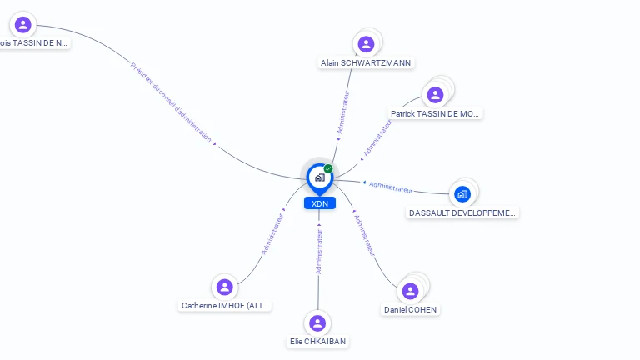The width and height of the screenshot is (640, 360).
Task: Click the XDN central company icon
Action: (319, 177)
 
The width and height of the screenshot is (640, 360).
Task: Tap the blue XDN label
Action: (319, 203)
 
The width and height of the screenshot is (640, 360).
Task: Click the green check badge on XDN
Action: (328, 168)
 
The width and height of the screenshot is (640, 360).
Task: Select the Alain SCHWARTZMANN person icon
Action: (365, 44)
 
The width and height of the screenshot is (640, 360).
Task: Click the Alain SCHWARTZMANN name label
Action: (366, 63)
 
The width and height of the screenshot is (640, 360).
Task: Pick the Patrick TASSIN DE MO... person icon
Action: (435, 94)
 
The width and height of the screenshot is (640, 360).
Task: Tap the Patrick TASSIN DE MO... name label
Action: (436, 113)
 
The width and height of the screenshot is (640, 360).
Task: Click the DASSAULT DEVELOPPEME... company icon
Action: (462, 194)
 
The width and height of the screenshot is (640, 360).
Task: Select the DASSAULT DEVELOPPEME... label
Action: (462, 213)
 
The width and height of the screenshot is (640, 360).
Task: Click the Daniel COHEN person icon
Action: (410, 291)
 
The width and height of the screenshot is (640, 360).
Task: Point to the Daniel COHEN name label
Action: (410, 310)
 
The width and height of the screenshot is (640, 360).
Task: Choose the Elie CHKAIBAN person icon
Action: (317, 322)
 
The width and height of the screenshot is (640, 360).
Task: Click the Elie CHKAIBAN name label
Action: (317, 342)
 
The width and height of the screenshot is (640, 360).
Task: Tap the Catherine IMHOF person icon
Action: (224, 287)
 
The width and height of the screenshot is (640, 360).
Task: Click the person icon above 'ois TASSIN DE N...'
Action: (23, 24)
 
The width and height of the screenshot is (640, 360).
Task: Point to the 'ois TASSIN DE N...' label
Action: (33, 43)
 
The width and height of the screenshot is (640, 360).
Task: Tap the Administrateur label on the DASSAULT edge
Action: (391, 186)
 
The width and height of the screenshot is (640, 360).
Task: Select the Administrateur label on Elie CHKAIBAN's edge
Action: (319, 248)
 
